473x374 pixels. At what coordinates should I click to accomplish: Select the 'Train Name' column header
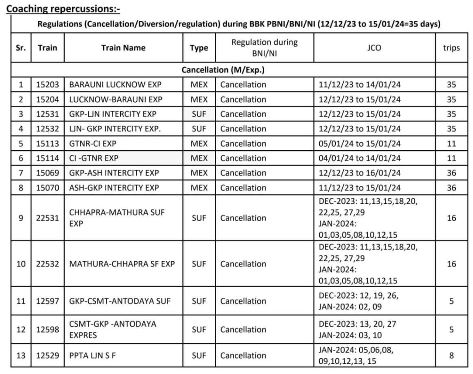(123, 48)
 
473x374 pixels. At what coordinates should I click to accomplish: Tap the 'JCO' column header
(374, 48)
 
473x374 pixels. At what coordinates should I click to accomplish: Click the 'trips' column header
(451, 48)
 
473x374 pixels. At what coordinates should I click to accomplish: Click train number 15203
(48, 85)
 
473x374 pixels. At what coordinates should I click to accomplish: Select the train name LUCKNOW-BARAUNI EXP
(115, 99)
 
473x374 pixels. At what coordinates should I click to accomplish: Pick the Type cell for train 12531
(199, 114)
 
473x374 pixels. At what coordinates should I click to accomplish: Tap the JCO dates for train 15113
(360, 144)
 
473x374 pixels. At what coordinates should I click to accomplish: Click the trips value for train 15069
(451, 173)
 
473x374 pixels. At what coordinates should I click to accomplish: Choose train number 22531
(48, 218)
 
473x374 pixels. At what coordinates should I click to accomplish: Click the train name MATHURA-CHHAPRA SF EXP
(122, 264)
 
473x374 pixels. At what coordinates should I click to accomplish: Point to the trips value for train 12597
(451, 301)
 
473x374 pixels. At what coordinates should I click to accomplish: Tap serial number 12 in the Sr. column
(21, 330)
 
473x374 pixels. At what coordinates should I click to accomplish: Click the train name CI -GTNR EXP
(94, 158)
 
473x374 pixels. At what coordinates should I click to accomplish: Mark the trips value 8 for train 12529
(451, 356)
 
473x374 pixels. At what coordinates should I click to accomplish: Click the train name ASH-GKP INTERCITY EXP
(114, 188)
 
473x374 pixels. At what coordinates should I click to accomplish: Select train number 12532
(48, 129)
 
